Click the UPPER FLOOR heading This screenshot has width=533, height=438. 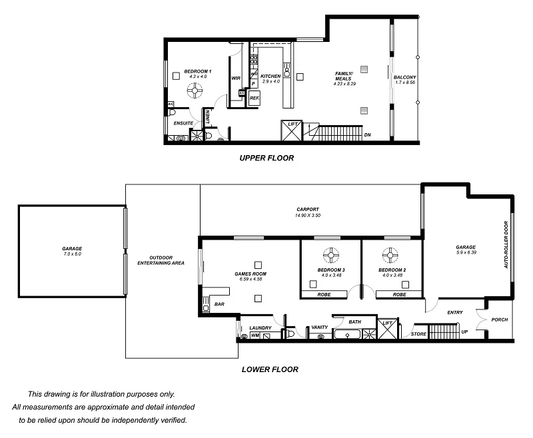click(x=266, y=158)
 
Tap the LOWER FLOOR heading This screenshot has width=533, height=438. click(x=270, y=369)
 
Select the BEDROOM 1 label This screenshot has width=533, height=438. click(x=198, y=71)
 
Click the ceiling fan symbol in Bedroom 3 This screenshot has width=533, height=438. click(x=330, y=254)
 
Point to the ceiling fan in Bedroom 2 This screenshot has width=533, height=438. click(x=391, y=254)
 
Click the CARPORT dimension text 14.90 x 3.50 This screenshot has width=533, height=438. click(x=308, y=216)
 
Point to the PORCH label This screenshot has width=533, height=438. click(x=499, y=320)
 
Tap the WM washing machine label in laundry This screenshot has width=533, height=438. click(x=255, y=336)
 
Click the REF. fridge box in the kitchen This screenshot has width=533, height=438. click(x=255, y=99)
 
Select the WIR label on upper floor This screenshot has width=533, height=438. click(x=235, y=78)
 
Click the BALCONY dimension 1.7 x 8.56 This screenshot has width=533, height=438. click(x=404, y=83)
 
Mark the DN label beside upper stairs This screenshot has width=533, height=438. click(x=367, y=135)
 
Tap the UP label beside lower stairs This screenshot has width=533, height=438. click(x=464, y=331)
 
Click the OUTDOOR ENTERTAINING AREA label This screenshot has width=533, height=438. click(x=161, y=260)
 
